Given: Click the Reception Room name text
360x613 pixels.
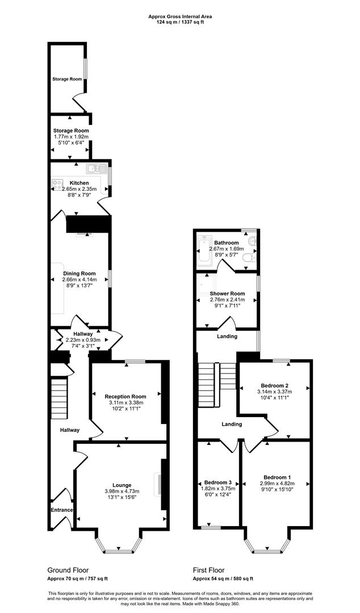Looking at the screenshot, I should point(125,397).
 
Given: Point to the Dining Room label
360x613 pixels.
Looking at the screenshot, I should point(79,273).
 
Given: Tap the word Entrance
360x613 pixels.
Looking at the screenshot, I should point(62,510).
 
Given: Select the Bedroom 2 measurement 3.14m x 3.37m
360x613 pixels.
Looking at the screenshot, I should point(274,392).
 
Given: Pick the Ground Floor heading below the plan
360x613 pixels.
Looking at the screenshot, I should point(68,570).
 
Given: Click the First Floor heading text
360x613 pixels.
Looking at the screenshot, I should point(208,570).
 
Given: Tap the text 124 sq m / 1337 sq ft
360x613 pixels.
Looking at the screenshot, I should point(179,22).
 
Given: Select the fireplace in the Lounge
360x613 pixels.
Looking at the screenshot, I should point(159,484).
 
